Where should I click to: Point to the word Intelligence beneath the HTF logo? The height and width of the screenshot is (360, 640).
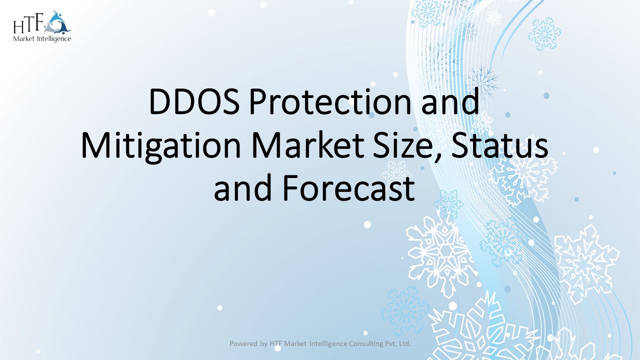[53, 39]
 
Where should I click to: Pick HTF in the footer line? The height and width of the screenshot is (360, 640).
[276, 343]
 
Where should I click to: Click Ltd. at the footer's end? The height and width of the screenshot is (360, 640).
[404, 343]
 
